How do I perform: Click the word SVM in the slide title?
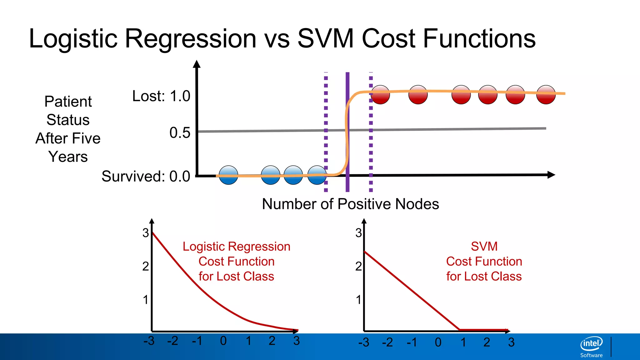pyautogui.click(x=325, y=39)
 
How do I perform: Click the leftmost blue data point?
pyautogui.click(x=228, y=175)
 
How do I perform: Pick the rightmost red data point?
pyautogui.click(x=546, y=94)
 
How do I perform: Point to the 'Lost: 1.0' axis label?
pyautogui.click(x=161, y=96)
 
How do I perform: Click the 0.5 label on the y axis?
pyautogui.click(x=180, y=133)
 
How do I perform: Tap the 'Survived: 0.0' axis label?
pyautogui.click(x=146, y=176)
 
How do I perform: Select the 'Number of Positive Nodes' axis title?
pyautogui.click(x=350, y=204)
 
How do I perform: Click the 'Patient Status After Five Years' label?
pyautogui.click(x=68, y=129)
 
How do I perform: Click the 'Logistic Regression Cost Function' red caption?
pyautogui.click(x=237, y=261)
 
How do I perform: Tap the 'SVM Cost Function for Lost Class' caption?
pyautogui.click(x=484, y=261)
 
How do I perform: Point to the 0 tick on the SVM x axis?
pyautogui.click(x=438, y=342)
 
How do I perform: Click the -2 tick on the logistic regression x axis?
pyautogui.click(x=172, y=341)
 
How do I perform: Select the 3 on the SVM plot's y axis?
pyautogui.click(x=358, y=233)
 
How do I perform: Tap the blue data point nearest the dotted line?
pyautogui.click(x=317, y=175)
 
